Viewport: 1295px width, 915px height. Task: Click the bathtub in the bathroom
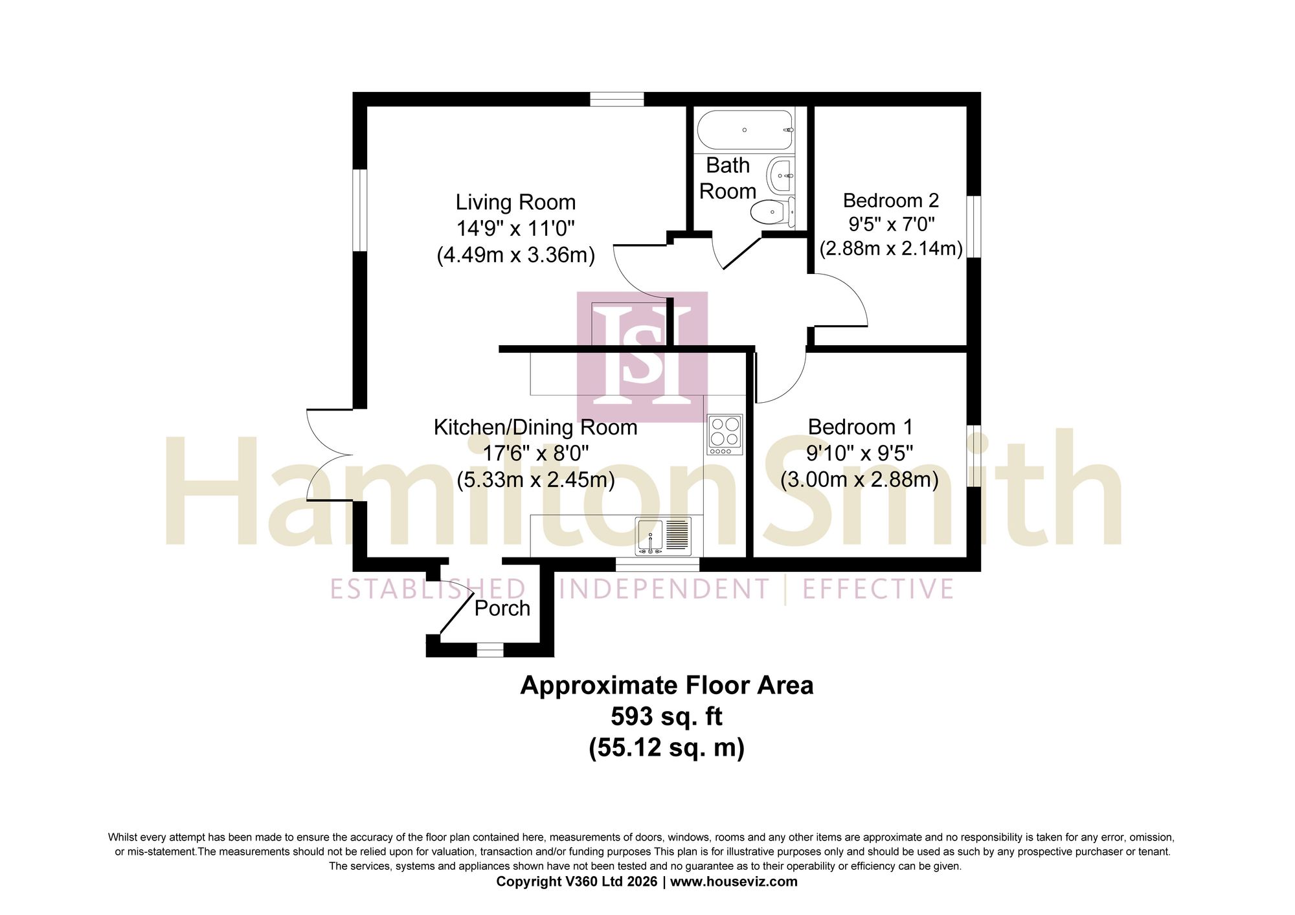745,130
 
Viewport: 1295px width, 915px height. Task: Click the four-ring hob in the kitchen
725,435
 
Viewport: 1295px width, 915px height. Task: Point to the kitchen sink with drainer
664,537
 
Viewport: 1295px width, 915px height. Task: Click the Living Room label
515,202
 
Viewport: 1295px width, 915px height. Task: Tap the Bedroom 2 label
891,200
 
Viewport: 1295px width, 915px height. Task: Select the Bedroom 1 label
860,427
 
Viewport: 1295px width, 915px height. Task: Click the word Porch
502,608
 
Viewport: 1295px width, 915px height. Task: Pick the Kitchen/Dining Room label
535,427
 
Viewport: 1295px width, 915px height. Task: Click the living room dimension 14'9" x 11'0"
515,229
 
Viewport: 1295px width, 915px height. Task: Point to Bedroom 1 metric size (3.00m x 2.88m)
860,480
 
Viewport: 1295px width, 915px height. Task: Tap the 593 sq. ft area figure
667,717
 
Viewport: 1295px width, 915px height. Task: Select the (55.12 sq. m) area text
667,748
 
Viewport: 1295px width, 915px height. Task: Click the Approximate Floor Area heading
667,686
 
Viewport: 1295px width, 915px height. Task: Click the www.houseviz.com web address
734,881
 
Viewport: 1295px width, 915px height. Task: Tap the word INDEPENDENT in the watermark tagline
664,589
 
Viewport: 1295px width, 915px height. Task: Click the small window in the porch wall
490,650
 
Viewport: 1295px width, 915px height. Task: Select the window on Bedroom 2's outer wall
974,227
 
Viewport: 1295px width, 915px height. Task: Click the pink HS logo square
642,357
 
